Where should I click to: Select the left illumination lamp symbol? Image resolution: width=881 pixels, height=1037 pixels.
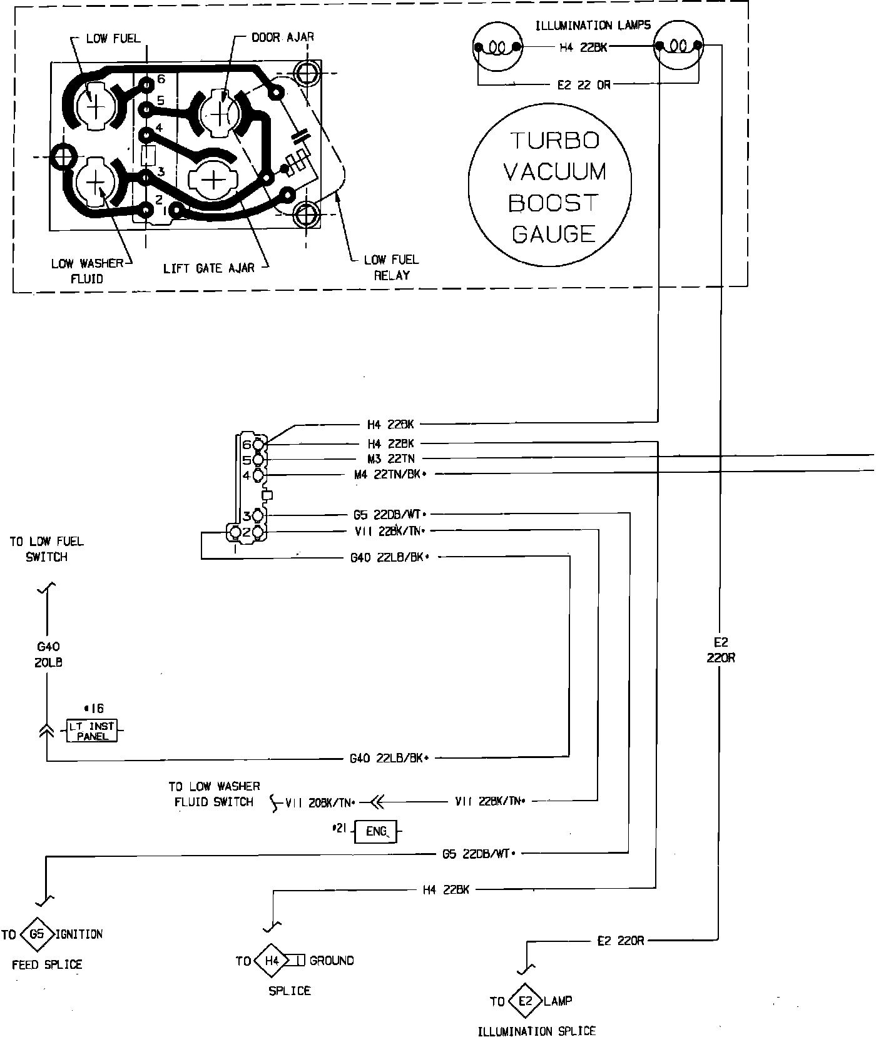[x=497, y=48]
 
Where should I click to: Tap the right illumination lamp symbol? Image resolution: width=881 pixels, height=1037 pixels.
[x=678, y=48]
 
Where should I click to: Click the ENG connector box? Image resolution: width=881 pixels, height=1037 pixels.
[x=376, y=832]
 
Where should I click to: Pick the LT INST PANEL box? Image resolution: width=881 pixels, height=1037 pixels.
[x=92, y=731]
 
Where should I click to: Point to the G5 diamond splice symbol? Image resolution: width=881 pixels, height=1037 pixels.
[x=37, y=934]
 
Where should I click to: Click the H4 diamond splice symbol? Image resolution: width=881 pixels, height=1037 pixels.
[x=271, y=961]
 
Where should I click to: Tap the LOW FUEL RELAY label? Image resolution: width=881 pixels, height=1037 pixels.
[x=392, y=267]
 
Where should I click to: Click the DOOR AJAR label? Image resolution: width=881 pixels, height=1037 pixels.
[x=282, y=37]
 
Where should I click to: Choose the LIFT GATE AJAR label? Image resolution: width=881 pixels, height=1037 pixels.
[x=209, y=268]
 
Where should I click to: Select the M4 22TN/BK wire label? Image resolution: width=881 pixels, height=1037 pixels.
[x=390, y=475]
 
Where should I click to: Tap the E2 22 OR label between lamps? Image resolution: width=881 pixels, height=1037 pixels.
[x=583, y=85]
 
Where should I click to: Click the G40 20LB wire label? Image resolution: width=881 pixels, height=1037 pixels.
[x=48, y=654]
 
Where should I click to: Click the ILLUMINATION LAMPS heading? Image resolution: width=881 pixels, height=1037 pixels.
[x=593, y=26]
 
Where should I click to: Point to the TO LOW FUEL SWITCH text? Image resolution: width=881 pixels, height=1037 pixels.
[x=46, y=549]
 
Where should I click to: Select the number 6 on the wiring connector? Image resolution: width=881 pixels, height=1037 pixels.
[x=246, y=445]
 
